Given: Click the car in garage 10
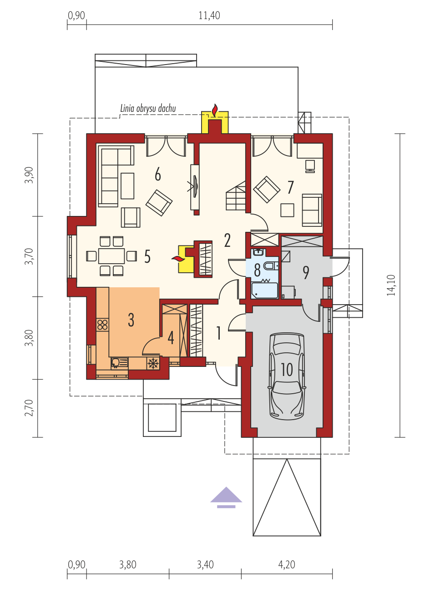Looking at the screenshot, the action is [287, 376].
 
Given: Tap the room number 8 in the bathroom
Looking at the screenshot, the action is [257, 270].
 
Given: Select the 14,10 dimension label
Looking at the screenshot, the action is [391, 285].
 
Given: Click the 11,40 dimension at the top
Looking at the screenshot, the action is [209, 15].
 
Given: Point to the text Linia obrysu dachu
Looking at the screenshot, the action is [148, 109].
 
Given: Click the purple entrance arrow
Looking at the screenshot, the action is [226, 497].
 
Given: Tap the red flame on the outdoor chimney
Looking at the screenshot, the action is [215, 110].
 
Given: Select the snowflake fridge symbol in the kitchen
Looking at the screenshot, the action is [153, 363].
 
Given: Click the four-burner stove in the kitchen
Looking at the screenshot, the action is [102, 325].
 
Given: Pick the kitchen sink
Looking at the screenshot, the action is [119, 363].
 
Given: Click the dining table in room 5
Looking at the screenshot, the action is [111, 256].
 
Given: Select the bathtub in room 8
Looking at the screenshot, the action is [264, 290].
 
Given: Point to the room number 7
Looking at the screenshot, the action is [291, 187].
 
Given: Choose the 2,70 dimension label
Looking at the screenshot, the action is [29, 408].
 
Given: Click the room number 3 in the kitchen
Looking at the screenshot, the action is [131, 320].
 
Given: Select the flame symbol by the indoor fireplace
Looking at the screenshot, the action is [178, 259].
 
